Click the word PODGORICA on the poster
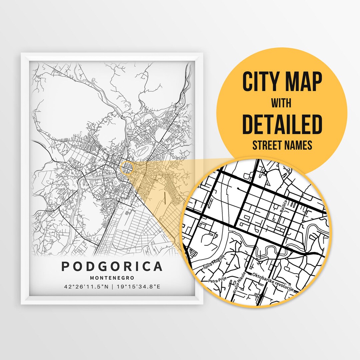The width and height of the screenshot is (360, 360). click(112, 266)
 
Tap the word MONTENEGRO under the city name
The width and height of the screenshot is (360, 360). click(112, 278)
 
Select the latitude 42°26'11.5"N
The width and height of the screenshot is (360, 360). click(85, 286)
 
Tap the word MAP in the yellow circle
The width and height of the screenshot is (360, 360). click(302, 82)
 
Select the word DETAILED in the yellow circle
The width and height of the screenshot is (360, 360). click(282, 124)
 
